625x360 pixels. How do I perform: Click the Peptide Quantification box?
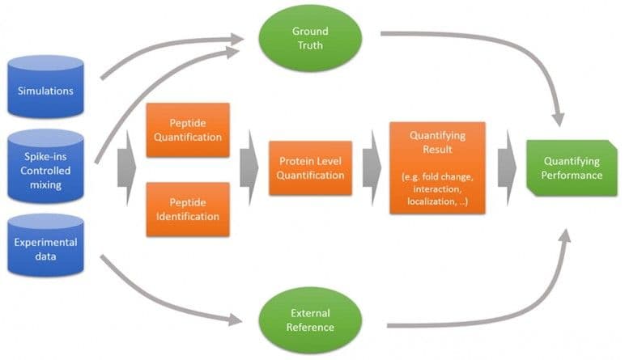tap(187, 130)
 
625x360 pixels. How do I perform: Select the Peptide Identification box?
tap(187, 209)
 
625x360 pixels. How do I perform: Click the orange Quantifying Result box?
tap(437, 167)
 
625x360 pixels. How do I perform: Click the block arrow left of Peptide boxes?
tap(126, 168)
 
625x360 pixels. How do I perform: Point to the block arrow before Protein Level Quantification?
tap(249, 168)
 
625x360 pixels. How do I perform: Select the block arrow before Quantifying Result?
tap(371, 168)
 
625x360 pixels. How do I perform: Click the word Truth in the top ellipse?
tap(309, 45)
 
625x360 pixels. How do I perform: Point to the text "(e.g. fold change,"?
tap(437, 176)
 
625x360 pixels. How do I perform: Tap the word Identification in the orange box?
tap(187, 216)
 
